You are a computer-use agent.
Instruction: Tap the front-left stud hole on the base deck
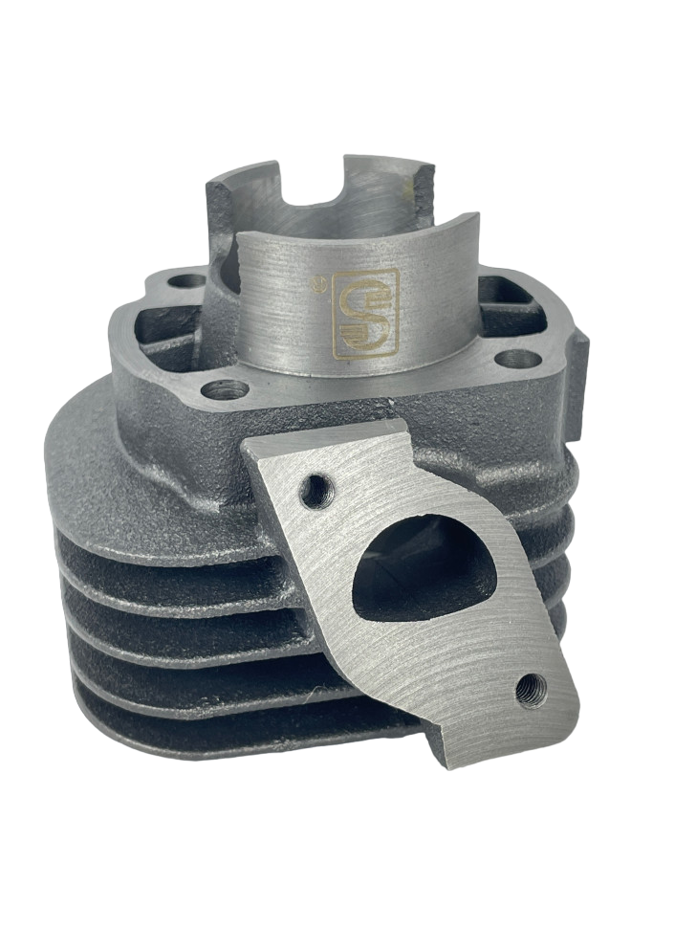[x=226, y=389]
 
